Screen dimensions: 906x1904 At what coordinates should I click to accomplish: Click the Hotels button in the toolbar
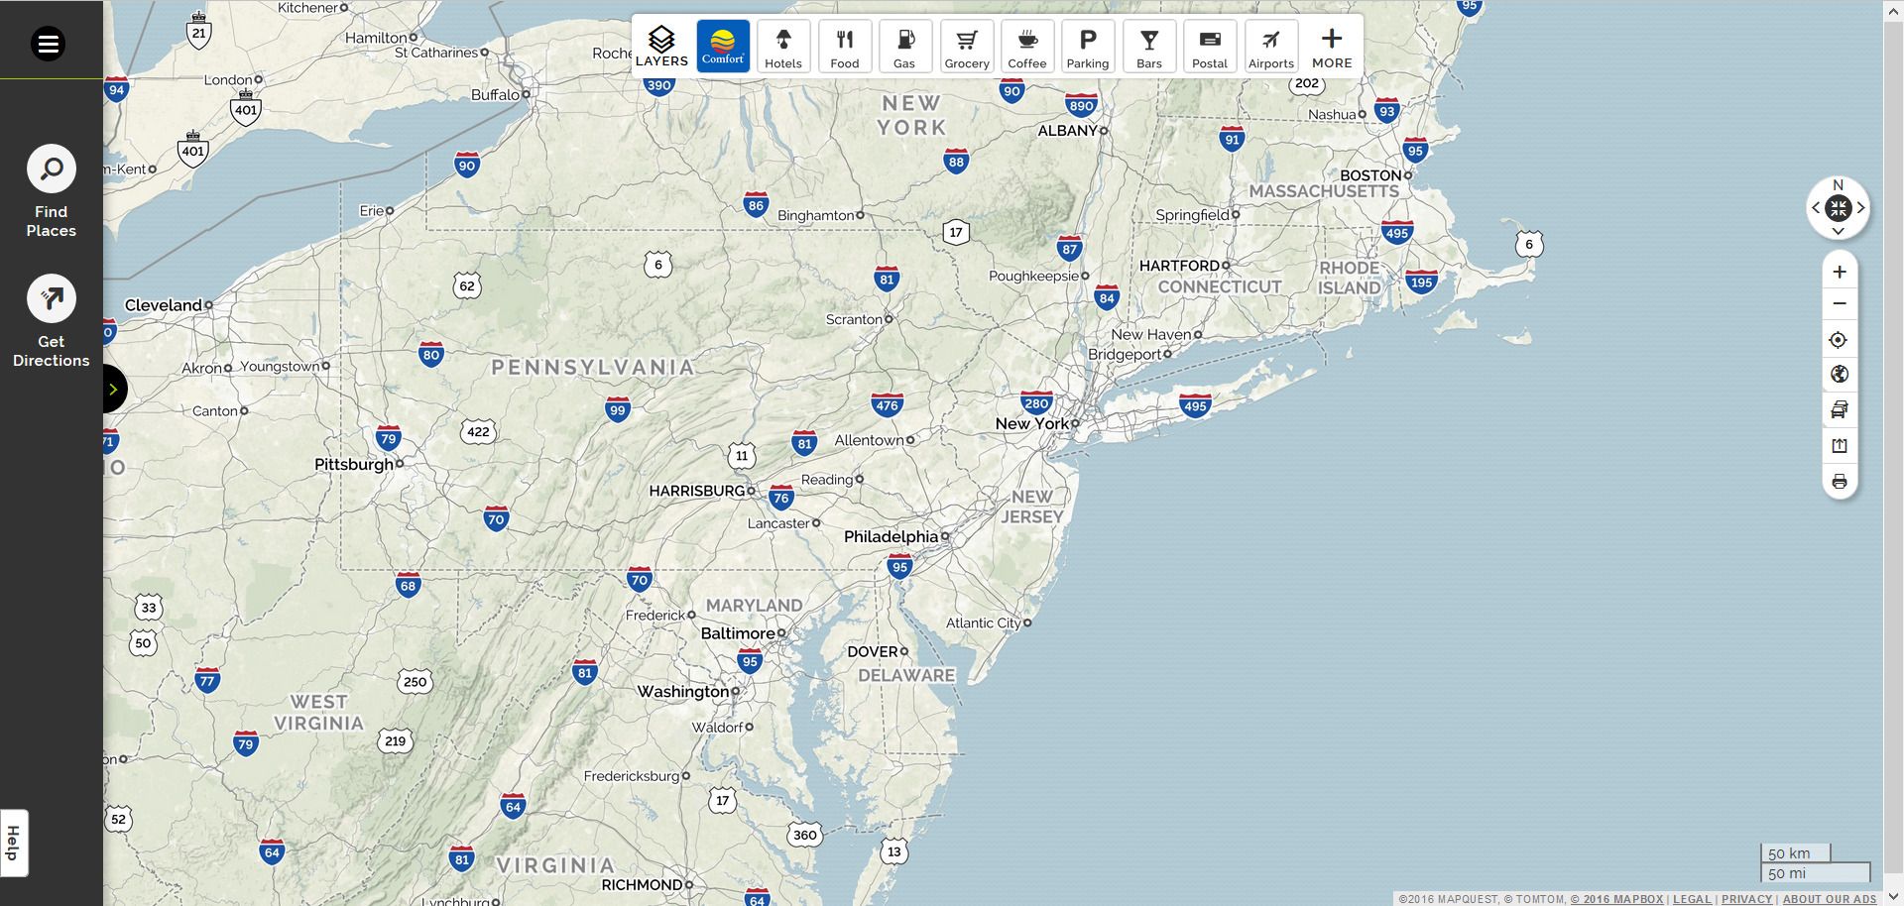click(x=782, y=47)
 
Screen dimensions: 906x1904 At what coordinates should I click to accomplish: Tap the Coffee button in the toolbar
click(x=1026, y=47)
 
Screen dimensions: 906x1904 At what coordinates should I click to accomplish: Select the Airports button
click(x=1270, y=47)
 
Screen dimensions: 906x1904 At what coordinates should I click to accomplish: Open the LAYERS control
click(x=661, y=47)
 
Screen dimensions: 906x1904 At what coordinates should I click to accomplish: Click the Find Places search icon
click(x=51, y=170)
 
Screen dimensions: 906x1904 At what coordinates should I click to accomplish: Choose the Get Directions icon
click(x=51, y=298)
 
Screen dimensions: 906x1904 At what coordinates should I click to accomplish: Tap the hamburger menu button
click(x=48, y=44)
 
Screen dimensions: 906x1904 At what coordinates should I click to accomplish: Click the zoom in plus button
click(x=1840, y=272)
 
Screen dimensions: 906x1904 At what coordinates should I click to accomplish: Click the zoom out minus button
click(x=1840, y=303)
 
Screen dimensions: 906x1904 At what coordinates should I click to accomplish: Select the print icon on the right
click(x=1840, y=482)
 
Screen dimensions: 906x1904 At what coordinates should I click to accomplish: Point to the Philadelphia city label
click(x=891, y=536)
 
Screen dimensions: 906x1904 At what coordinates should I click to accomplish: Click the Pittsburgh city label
click(x=354, y=464)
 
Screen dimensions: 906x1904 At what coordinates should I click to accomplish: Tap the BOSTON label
click(x=1370, y=175)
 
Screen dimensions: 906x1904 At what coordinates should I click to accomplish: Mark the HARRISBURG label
click(x=696, y=491)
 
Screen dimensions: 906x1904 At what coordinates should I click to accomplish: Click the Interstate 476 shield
click(x=887, y=404)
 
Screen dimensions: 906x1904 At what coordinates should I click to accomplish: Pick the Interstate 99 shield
click(x=618, y=409)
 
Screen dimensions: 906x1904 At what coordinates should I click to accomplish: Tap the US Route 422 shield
click(x=478, y=431)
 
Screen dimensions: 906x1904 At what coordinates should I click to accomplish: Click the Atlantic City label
click(x=983, y=623)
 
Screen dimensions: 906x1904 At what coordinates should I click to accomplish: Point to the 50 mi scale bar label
click(x=1787, y=873)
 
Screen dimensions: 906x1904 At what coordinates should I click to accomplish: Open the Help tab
click(x=14, y=843)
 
